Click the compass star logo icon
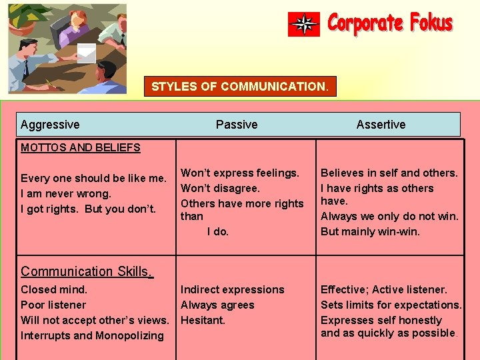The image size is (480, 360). coord(304,24)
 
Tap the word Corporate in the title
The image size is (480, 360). coord(365,24)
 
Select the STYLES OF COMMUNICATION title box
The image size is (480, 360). coord(240,87)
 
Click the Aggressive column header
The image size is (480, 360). coord(50,125)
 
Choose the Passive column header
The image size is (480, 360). coord(237,125)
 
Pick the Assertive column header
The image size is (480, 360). coord(381,125)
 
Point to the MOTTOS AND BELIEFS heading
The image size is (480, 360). coord(81,147)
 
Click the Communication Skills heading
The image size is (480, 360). coord(87,271)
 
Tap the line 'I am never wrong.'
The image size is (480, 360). coord(66,194)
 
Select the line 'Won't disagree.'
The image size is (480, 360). coord(221,188)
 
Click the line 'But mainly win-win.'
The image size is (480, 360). coord(370,232)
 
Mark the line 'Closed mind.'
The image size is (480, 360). coord(54,289)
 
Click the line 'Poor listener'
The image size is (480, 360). coord(53,305)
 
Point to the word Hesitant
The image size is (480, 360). coord(203,320)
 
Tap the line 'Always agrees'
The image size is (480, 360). coord(217,305)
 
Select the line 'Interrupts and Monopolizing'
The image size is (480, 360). coord(92,335)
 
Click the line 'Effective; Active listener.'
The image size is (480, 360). coord(384,289)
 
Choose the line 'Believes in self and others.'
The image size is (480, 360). coord(389,173)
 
